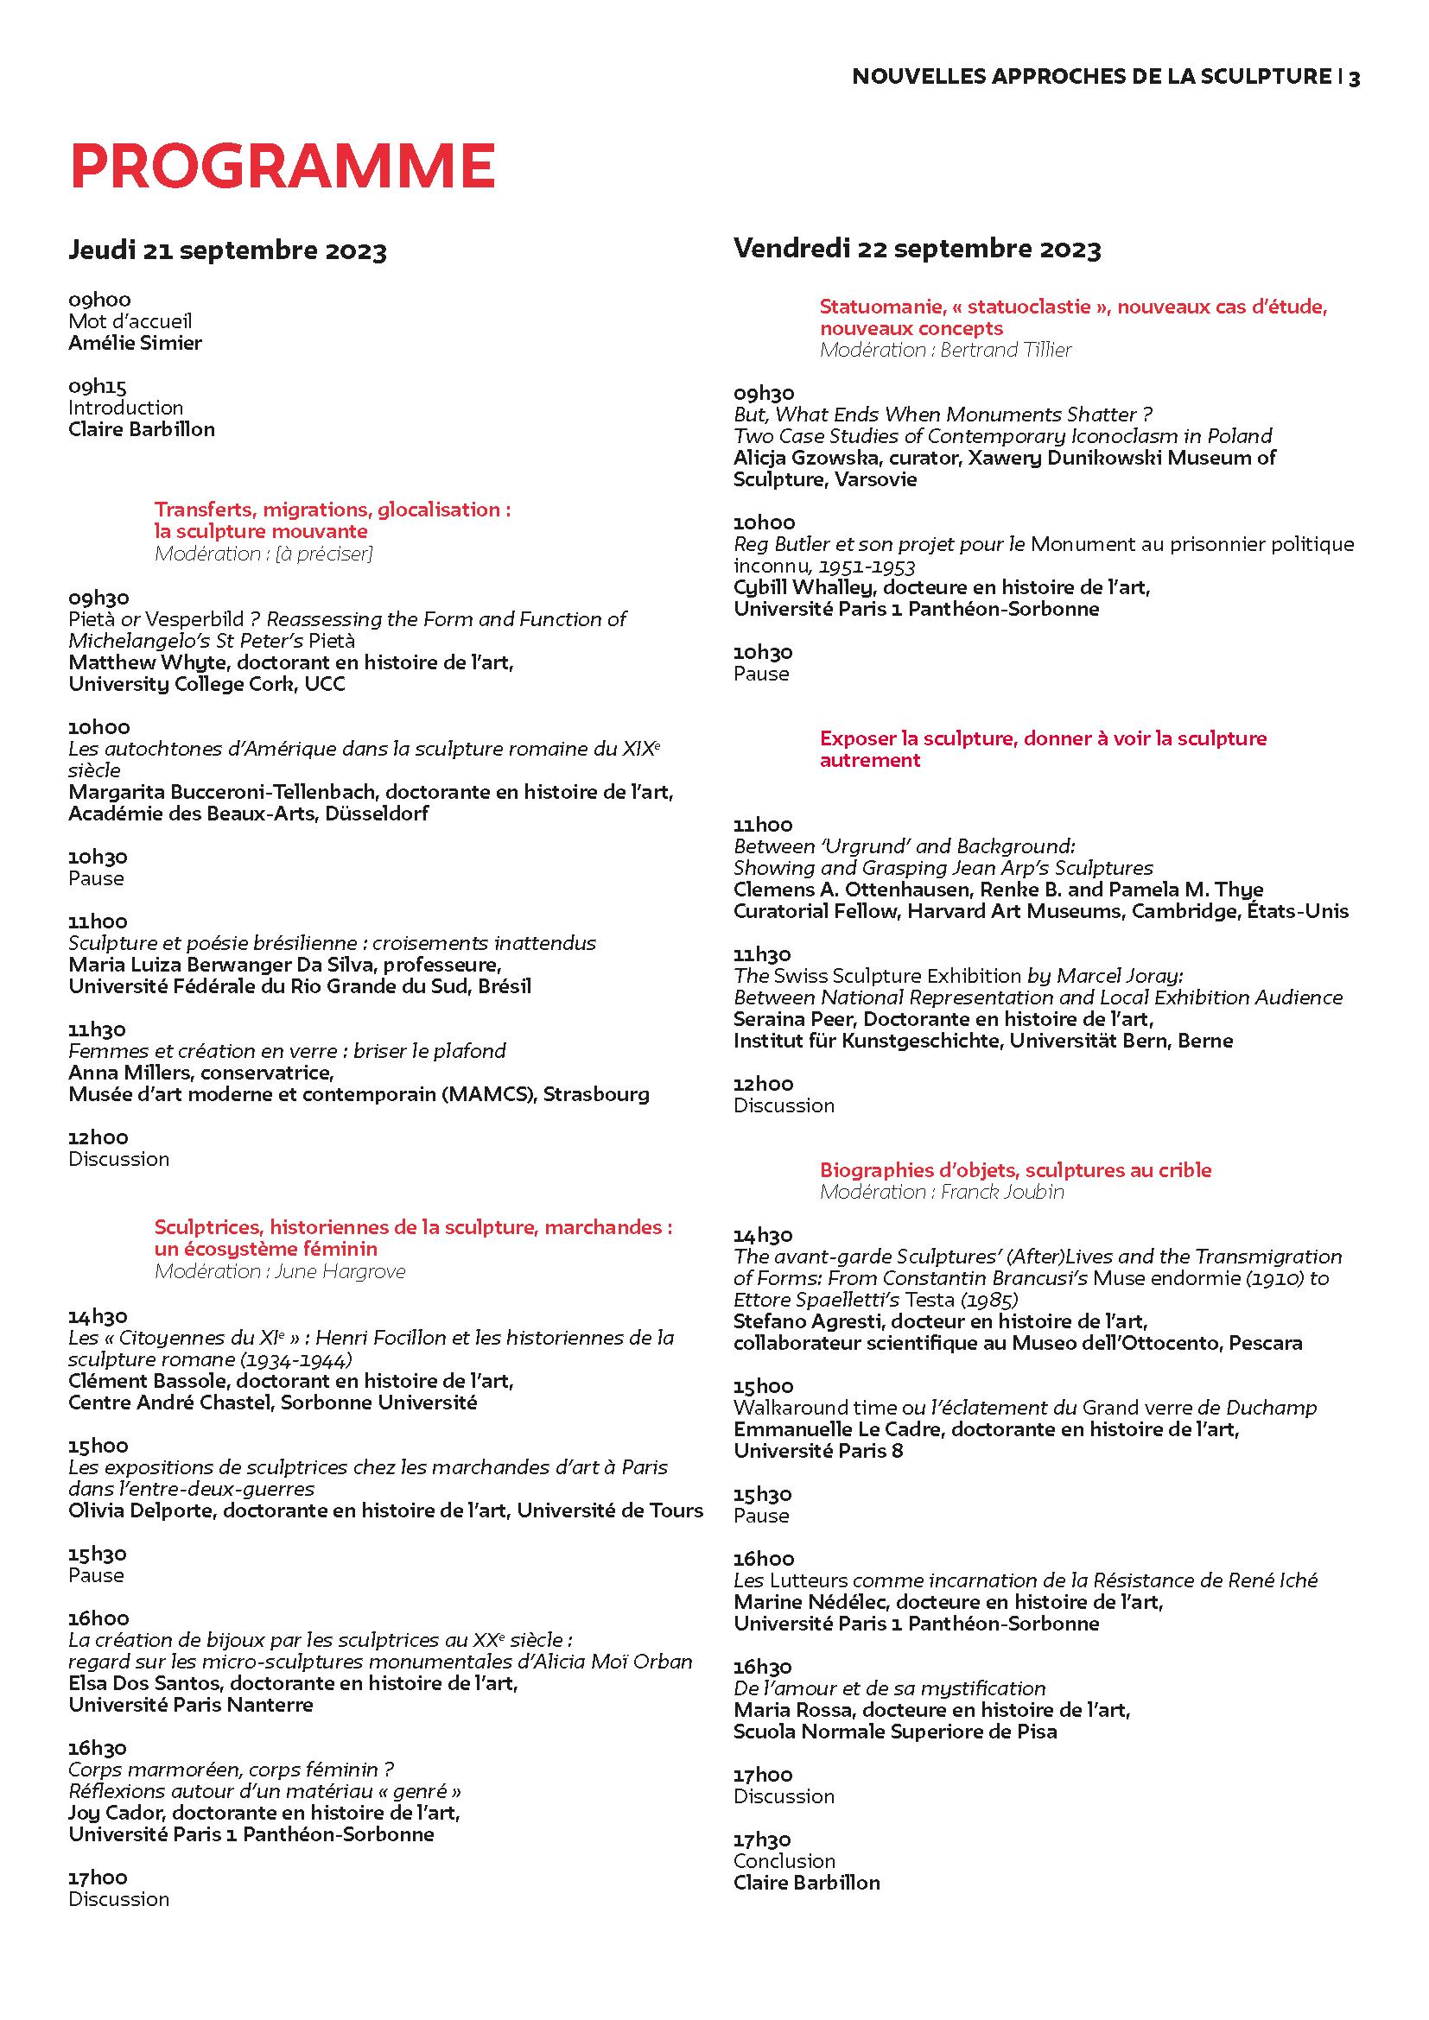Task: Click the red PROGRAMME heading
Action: (x=283, y=166)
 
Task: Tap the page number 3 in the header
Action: (x=1354, y=79)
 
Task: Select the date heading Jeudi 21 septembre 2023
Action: (x=227, y=250)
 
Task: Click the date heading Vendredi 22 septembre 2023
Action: (x=917, y=249)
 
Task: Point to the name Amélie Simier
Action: (x=136, y=343)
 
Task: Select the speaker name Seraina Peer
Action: (x=795, y=1020)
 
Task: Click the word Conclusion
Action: (x=784, y=1861)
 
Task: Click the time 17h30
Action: (x=762, y=1840)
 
